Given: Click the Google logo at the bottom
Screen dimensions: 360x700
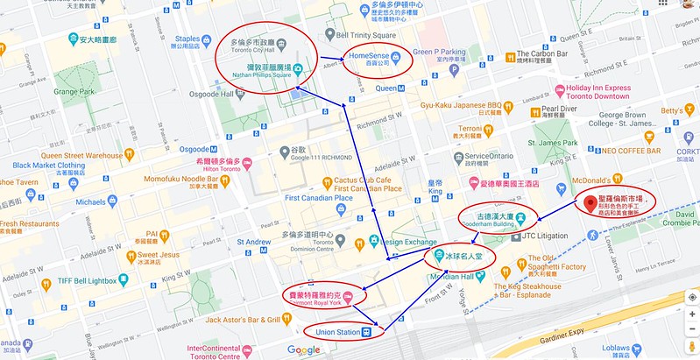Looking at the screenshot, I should (303, 350).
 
